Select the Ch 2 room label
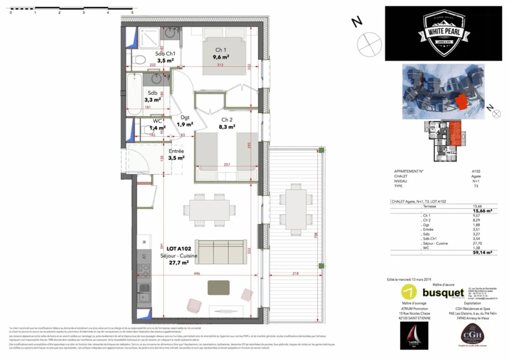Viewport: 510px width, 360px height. click(x=227, y=123)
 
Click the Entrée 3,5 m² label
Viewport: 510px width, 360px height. click(x=176, y=154)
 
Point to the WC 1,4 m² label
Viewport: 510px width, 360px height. click(x=157, y=124)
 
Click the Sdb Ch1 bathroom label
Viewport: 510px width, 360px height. click(x=165, y=57)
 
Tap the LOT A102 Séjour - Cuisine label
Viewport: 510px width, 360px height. click(x=178, y=255)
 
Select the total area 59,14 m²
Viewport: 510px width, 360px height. click(x=482, y=252)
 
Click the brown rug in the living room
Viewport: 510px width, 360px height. click(x=219, y=287)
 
